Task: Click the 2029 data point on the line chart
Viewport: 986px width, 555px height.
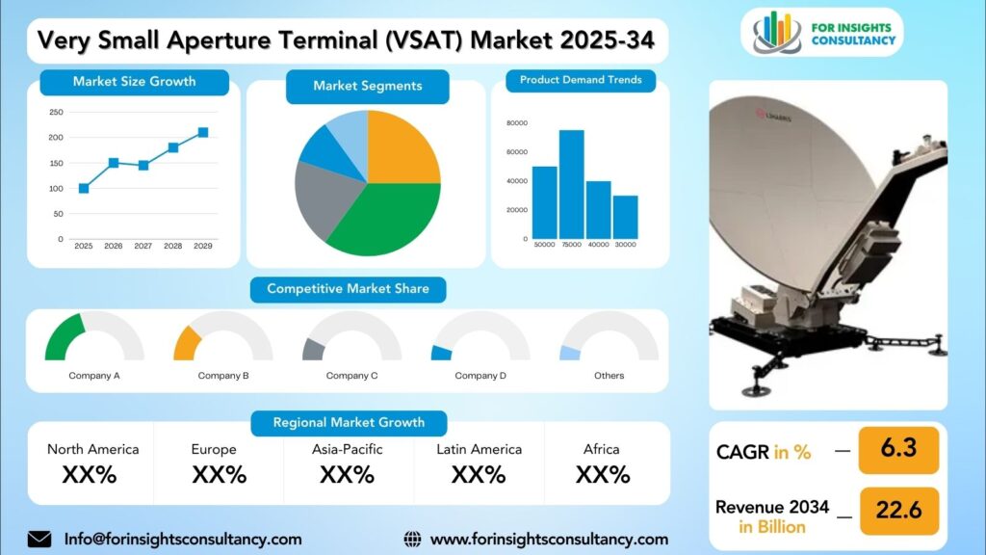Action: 203,132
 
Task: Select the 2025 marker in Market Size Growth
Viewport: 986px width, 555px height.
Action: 84,188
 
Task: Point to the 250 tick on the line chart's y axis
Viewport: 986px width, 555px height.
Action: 56,112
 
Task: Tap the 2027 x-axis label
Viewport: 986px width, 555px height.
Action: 143,246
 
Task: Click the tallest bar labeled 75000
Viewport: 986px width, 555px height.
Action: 572,184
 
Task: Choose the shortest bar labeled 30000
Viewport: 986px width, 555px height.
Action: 625,217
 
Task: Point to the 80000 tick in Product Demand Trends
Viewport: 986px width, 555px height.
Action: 517,123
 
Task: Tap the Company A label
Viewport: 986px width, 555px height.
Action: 94,376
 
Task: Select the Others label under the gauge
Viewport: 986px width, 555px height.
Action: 610,376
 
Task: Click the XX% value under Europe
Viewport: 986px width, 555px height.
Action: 219,474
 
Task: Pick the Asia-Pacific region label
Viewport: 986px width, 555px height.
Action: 347,449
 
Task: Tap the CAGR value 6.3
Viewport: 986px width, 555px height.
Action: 898,448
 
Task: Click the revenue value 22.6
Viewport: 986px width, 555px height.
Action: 898,510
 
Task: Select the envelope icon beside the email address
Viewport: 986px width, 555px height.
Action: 39,540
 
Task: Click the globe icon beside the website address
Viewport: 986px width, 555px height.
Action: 412,540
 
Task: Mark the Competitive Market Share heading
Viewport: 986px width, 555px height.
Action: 348,289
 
